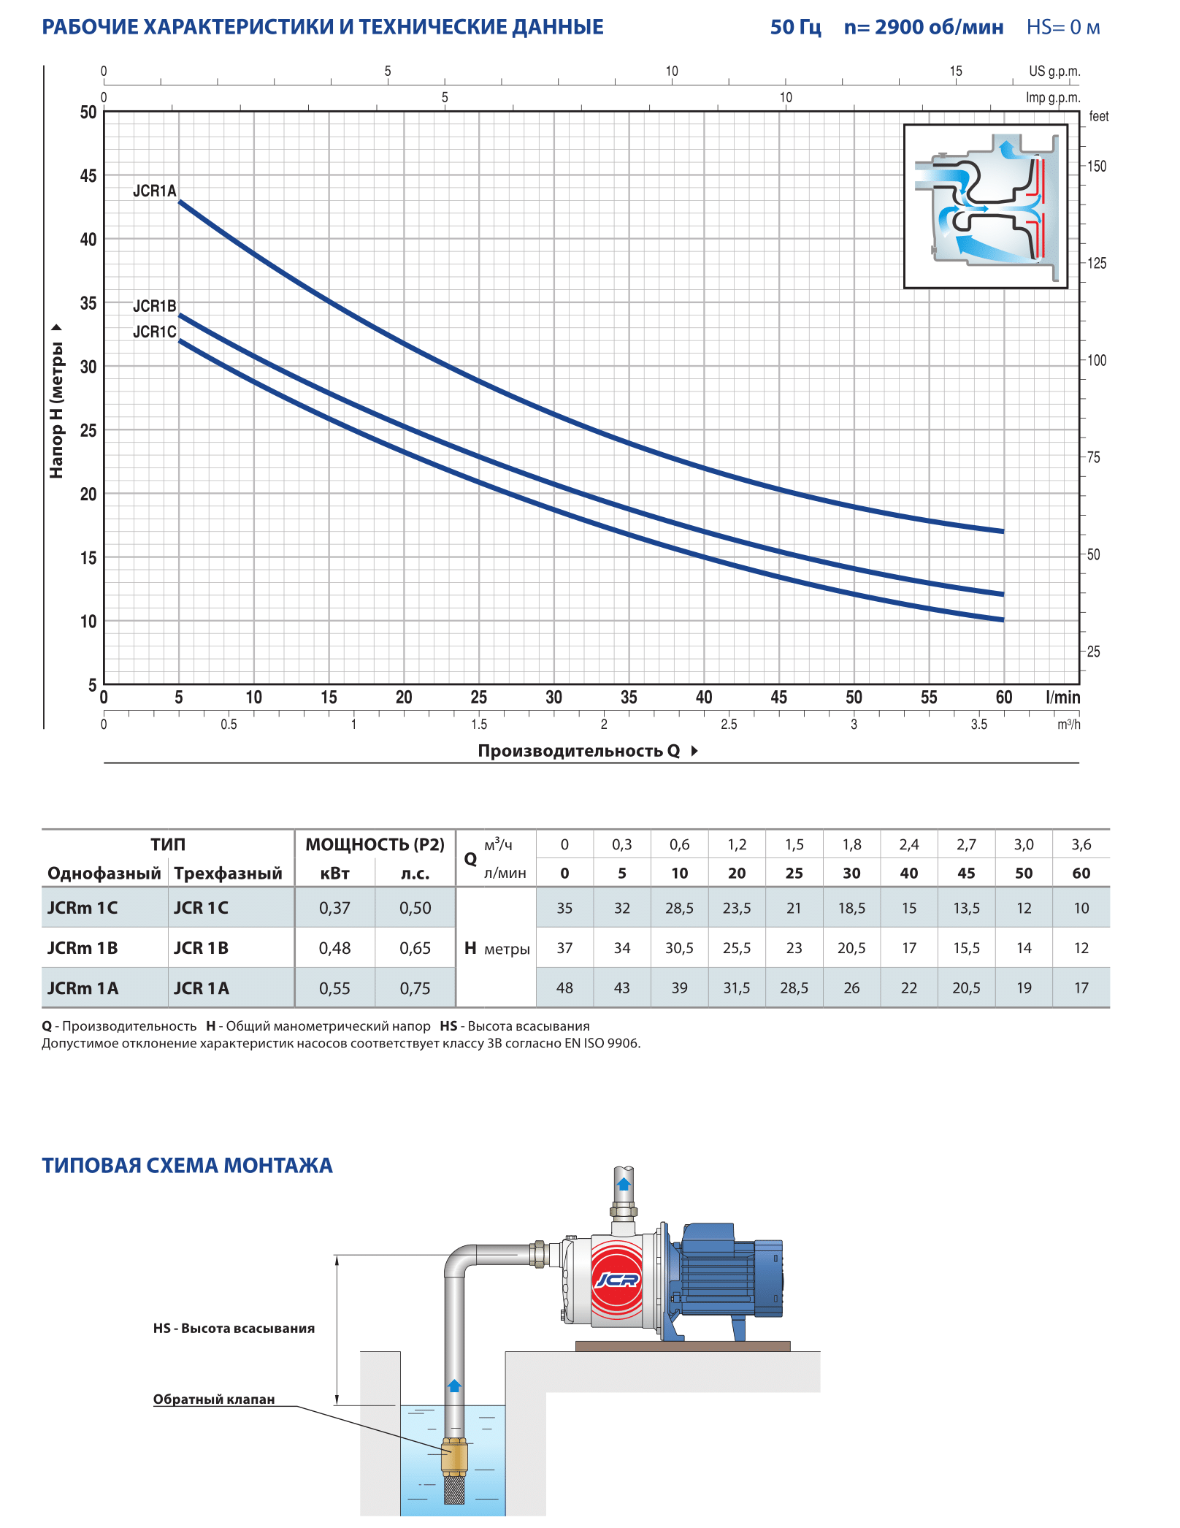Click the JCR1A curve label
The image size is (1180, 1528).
click(154, 191)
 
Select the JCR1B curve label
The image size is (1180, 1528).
click(154, 306)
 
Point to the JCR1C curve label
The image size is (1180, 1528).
click(154, 332)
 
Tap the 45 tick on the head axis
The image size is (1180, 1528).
click(88, 176)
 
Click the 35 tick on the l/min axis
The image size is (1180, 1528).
click(629, 698)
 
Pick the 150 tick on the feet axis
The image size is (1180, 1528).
click(1096, 167)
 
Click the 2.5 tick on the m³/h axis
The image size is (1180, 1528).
click(729, 725)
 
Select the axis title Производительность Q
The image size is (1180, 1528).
click(579, 751)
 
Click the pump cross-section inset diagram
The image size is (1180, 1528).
click(986, 206)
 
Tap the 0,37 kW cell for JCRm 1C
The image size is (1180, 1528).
click(334, 908)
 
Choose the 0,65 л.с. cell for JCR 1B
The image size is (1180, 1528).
click(415, 948)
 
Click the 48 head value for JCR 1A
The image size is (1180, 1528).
click(564, 988)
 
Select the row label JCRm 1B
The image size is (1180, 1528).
click(83, 948)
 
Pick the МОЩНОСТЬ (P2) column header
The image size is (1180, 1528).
click(375, 845)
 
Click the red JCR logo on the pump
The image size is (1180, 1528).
click(617, 1280)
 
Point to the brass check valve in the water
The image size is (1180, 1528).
click(454, 1456)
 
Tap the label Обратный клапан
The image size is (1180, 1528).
click(214, 1399)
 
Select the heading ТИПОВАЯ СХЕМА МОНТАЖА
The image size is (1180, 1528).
click(187, 1166)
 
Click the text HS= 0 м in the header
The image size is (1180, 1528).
click(1062, 28)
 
